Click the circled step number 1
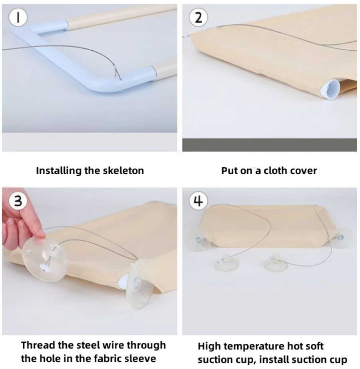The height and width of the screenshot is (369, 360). [18, 18]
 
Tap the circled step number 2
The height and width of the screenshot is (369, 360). [198, 18]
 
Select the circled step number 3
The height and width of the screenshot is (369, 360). [18, 201]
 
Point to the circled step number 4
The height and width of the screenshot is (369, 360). [198, 201]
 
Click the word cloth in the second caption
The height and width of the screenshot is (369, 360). [277, 170]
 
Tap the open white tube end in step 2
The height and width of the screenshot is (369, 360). [330, 89]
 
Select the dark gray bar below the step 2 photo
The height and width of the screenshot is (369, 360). [269, 145]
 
